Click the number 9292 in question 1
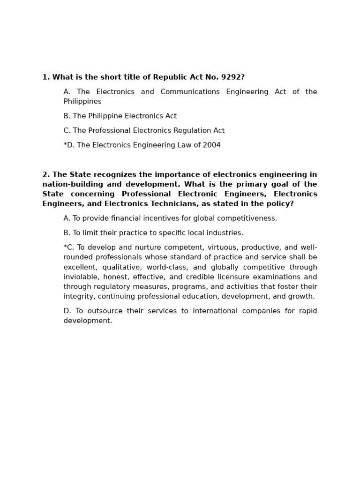tap(232, 77)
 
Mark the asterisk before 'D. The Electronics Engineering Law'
tap(65, 145)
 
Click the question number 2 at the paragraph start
tap(45, 175)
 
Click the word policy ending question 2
tap(281, 204)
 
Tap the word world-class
tap(167, 267)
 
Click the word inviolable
tap(81, 277)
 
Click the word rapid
tap(307, 311)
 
